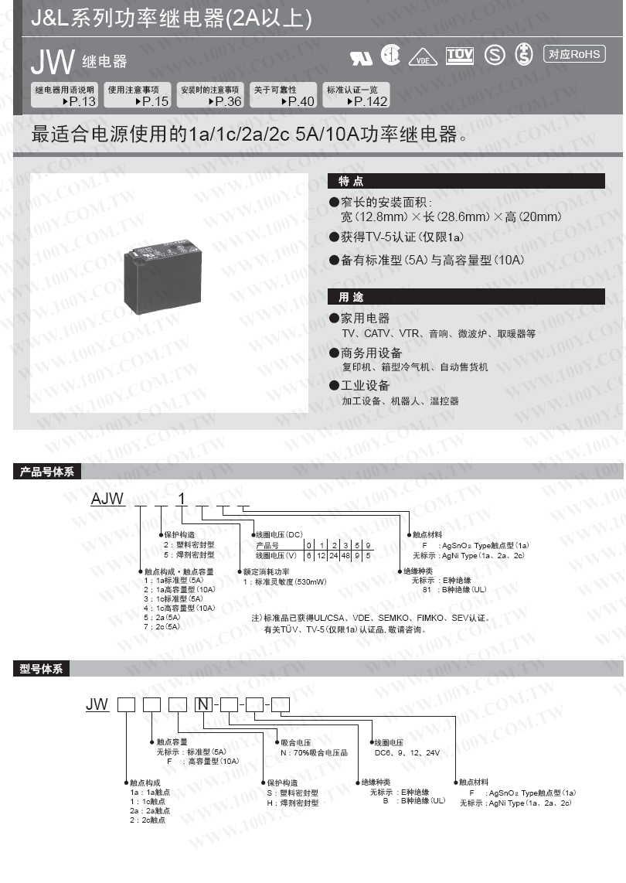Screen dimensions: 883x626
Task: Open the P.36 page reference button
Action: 210,95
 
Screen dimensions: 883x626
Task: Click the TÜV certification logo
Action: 460,55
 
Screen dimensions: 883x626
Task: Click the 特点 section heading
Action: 352,181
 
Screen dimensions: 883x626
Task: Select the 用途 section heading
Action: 352,297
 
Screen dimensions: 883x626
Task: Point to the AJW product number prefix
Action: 107,499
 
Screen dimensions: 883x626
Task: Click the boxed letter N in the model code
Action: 202,704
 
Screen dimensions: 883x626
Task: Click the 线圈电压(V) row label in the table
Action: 277,555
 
